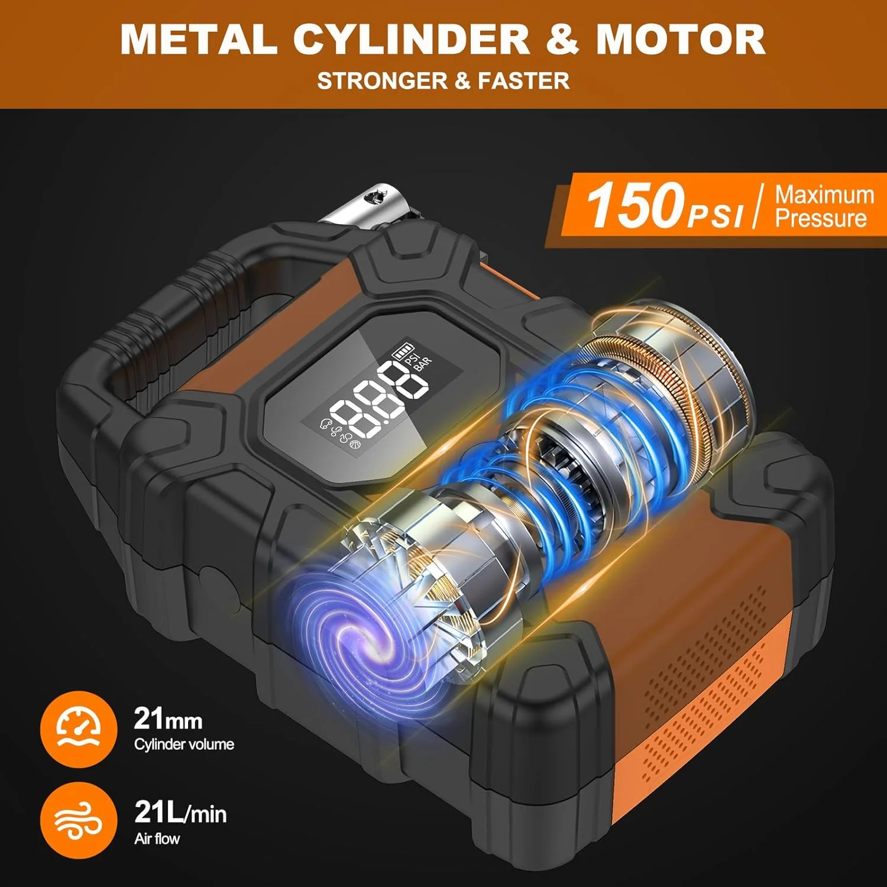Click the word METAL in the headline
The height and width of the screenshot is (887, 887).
[x=199, y=39]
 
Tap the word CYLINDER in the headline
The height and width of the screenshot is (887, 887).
[x=411, y=39]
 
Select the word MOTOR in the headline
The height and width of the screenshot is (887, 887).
[x=681, y=39]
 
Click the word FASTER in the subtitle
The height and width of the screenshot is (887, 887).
[x=524, y=80]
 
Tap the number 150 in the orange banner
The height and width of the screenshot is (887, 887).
[x=635, y=205]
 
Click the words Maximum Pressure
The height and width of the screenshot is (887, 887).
[x=824, y=206]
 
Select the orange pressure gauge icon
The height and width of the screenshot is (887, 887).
[x=79, y=729]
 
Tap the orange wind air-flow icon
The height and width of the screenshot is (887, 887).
[x=79, y=820]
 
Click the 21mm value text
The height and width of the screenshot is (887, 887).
[x=169, y=719]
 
